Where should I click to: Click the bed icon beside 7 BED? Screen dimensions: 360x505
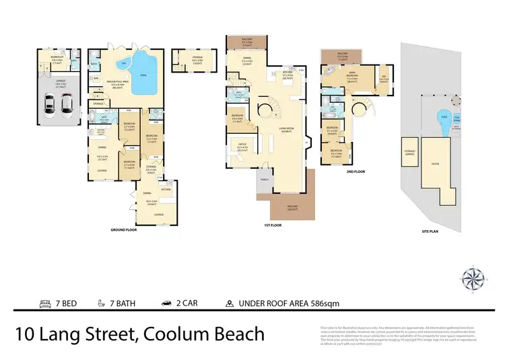pos(45,302)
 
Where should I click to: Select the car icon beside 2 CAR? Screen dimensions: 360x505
pos(166,302)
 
